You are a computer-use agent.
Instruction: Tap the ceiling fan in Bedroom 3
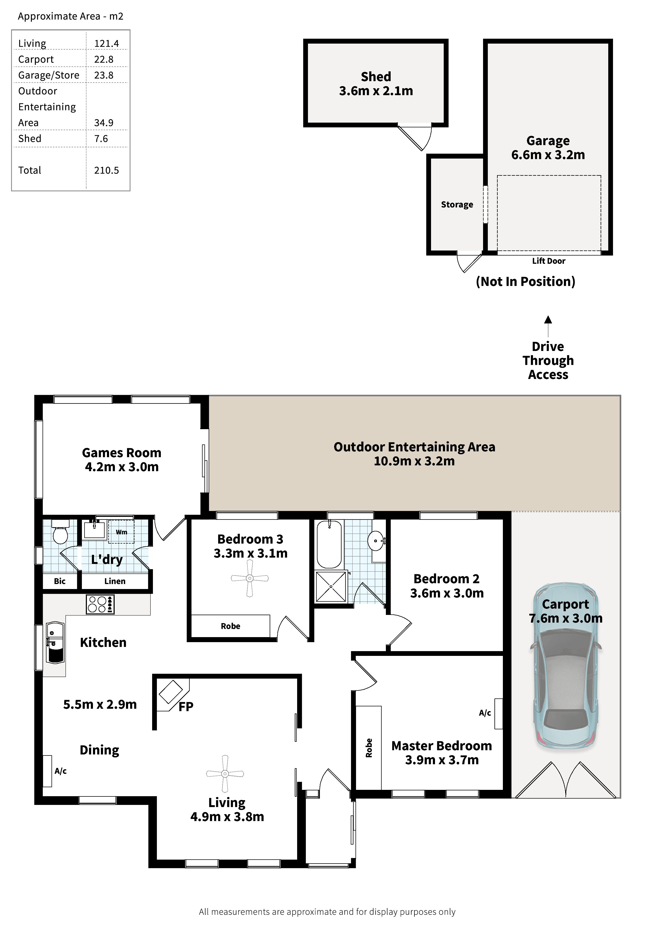click(250, 578)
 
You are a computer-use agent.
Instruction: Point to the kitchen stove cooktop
click(100, 604)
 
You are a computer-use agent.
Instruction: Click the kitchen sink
click(55, 643)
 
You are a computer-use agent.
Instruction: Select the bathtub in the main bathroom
click(329, 544)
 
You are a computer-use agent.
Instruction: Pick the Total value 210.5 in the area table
click(106, 170)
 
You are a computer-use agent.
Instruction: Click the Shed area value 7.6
click(101, 139)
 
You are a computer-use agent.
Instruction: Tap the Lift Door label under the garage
click(549, 261)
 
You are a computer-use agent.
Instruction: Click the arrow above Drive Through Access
click(548, 326)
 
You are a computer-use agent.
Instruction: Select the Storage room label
click(457, 205)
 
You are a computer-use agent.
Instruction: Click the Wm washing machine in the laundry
click(121, 532)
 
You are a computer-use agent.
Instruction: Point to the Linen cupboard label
click(115, 581)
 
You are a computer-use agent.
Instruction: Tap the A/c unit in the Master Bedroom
click(498, 714)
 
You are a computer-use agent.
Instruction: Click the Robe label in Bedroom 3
click(231, 626)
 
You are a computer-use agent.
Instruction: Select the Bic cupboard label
click(60, 581)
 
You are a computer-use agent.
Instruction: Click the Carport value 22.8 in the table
click(104, 59)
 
